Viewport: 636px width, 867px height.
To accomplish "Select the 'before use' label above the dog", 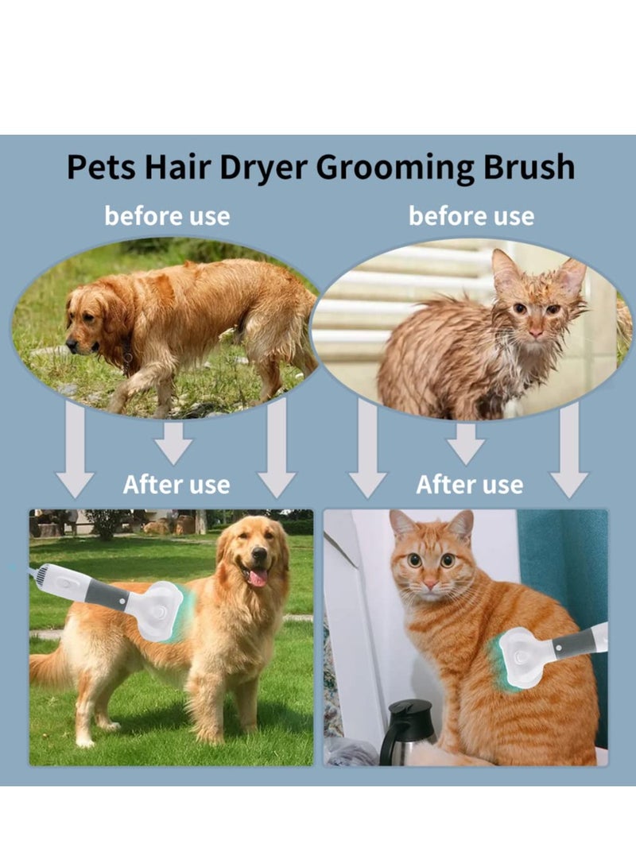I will (x=167, y=215).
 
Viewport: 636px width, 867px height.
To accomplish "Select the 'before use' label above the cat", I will (x=471, y=215).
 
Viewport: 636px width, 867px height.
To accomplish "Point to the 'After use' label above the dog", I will (x=176, y=484).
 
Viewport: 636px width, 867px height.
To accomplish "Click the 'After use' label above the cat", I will (x=470, y=484).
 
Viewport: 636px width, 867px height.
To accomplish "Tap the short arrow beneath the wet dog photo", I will (x=173, y=442).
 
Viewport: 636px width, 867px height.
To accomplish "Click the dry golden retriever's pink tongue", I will (x=258, y=577).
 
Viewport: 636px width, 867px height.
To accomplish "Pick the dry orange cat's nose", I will (x=430, y=586).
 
